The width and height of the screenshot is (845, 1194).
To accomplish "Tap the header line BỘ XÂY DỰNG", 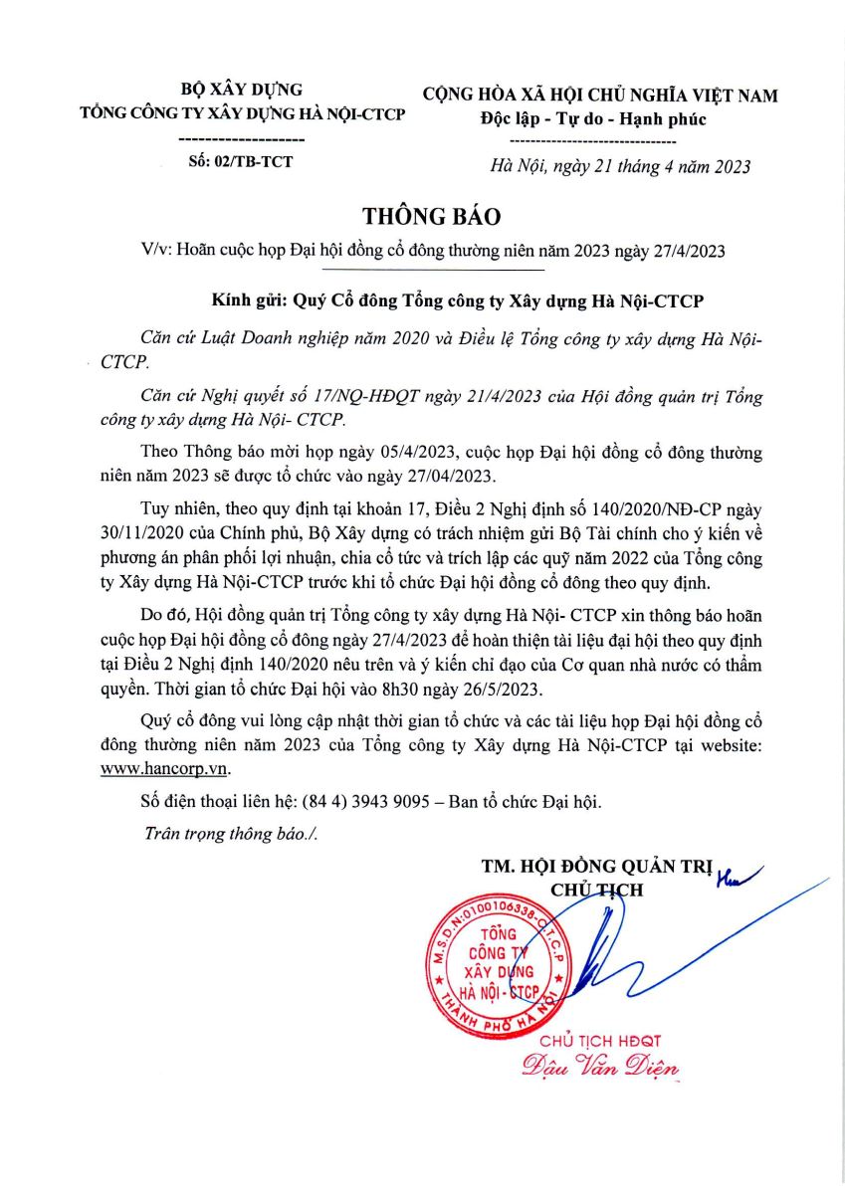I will pos(242,90).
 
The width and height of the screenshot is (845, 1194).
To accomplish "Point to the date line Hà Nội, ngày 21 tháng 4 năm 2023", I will pos(620,166).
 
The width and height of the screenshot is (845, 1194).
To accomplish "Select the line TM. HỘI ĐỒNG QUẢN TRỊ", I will pos(596,868).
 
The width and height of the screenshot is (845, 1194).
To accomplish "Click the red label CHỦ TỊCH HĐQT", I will pos(599,1041).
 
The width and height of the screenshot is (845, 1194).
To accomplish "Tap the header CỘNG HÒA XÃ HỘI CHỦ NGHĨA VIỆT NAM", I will pos(600,96).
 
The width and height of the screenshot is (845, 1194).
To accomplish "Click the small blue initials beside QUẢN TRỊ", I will pos(736,874).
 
